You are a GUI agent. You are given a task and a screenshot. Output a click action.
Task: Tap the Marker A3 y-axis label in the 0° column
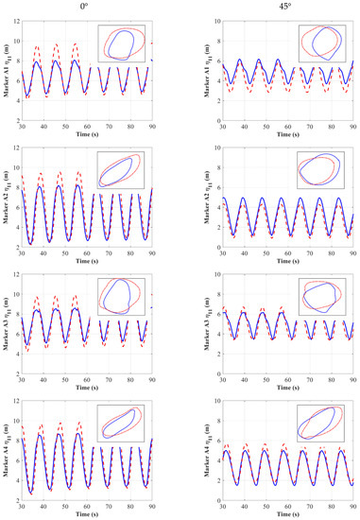pyautogui.click(x=7, y=327)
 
